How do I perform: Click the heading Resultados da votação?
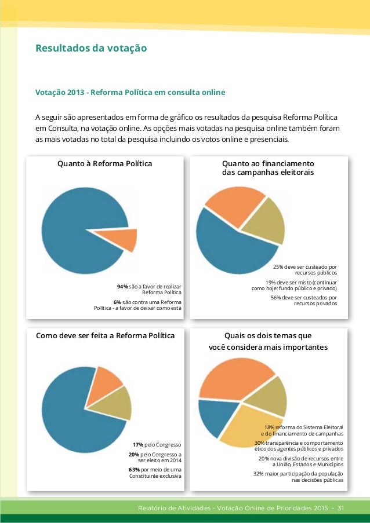(x=91, y=47)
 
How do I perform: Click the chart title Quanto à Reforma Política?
(x=104, y=164)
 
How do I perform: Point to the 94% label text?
(x=122, y=287)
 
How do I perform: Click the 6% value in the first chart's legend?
(x=118, y=302)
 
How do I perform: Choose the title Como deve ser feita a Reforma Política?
(x=105, y=335)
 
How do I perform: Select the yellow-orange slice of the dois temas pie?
(x=249, y=426)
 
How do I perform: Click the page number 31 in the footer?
(x=340, y=509)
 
